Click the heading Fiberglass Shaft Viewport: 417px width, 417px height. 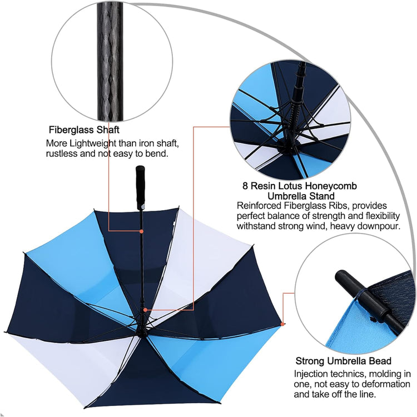coord(83,130)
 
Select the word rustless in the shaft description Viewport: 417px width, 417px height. coord(63,153)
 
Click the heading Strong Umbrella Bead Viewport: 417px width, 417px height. coord(343,361)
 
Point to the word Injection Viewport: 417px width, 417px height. coord(312,374)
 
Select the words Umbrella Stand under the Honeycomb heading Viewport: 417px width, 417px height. coord(301,196)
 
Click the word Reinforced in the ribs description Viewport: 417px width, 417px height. coord(260,206)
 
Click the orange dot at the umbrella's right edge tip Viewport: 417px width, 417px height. coord(282,324)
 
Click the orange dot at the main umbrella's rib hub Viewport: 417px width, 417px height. coord(145,310)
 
